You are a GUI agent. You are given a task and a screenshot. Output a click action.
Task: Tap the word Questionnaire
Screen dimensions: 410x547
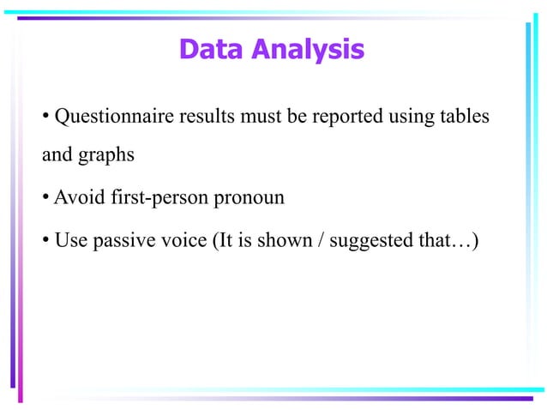[x=111, y=117]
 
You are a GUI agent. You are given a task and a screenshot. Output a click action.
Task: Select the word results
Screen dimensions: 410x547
[x=201, y=117]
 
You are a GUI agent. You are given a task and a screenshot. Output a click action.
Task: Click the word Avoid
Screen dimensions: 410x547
[x=80, y=198]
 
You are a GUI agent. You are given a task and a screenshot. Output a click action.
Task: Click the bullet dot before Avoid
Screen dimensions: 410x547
[x=46, y=199]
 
